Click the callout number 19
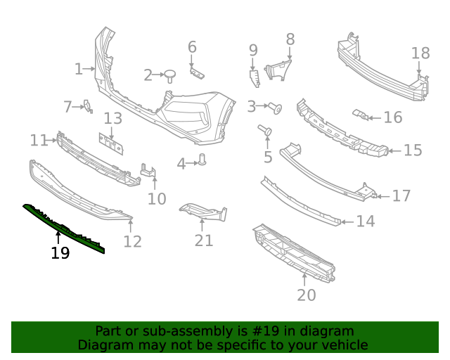click(60, 253)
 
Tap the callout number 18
click(420, 53)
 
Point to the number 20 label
click(307, 295)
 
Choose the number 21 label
click(204, 240)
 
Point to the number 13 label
click(113, 119)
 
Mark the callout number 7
click(68, 107)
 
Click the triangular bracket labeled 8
click(279, 67)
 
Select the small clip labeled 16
click(360, 115)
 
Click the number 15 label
click(413, 150)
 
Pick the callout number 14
click(366, 221)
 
